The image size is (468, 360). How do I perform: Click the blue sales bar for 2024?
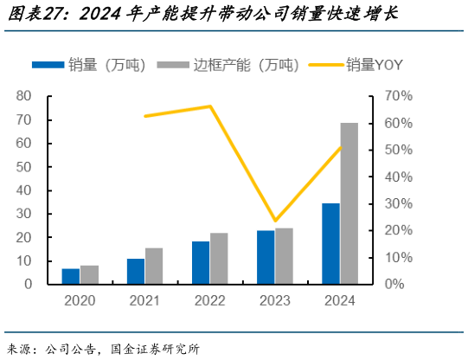[x=330, y=243]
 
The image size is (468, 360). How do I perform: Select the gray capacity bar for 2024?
[x=349, y=203]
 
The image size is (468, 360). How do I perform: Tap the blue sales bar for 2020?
[x=70, y=276]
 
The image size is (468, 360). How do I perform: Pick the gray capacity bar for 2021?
[x=154, y=266]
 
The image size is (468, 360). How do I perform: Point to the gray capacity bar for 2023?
[x=284, y=256]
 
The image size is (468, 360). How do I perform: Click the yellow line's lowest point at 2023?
[x=275, y=221]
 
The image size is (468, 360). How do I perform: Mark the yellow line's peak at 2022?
[x=210, y=106]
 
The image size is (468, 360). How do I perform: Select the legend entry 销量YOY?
[x=374, y=65]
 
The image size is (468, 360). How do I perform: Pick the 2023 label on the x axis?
[x=275, y=301]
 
